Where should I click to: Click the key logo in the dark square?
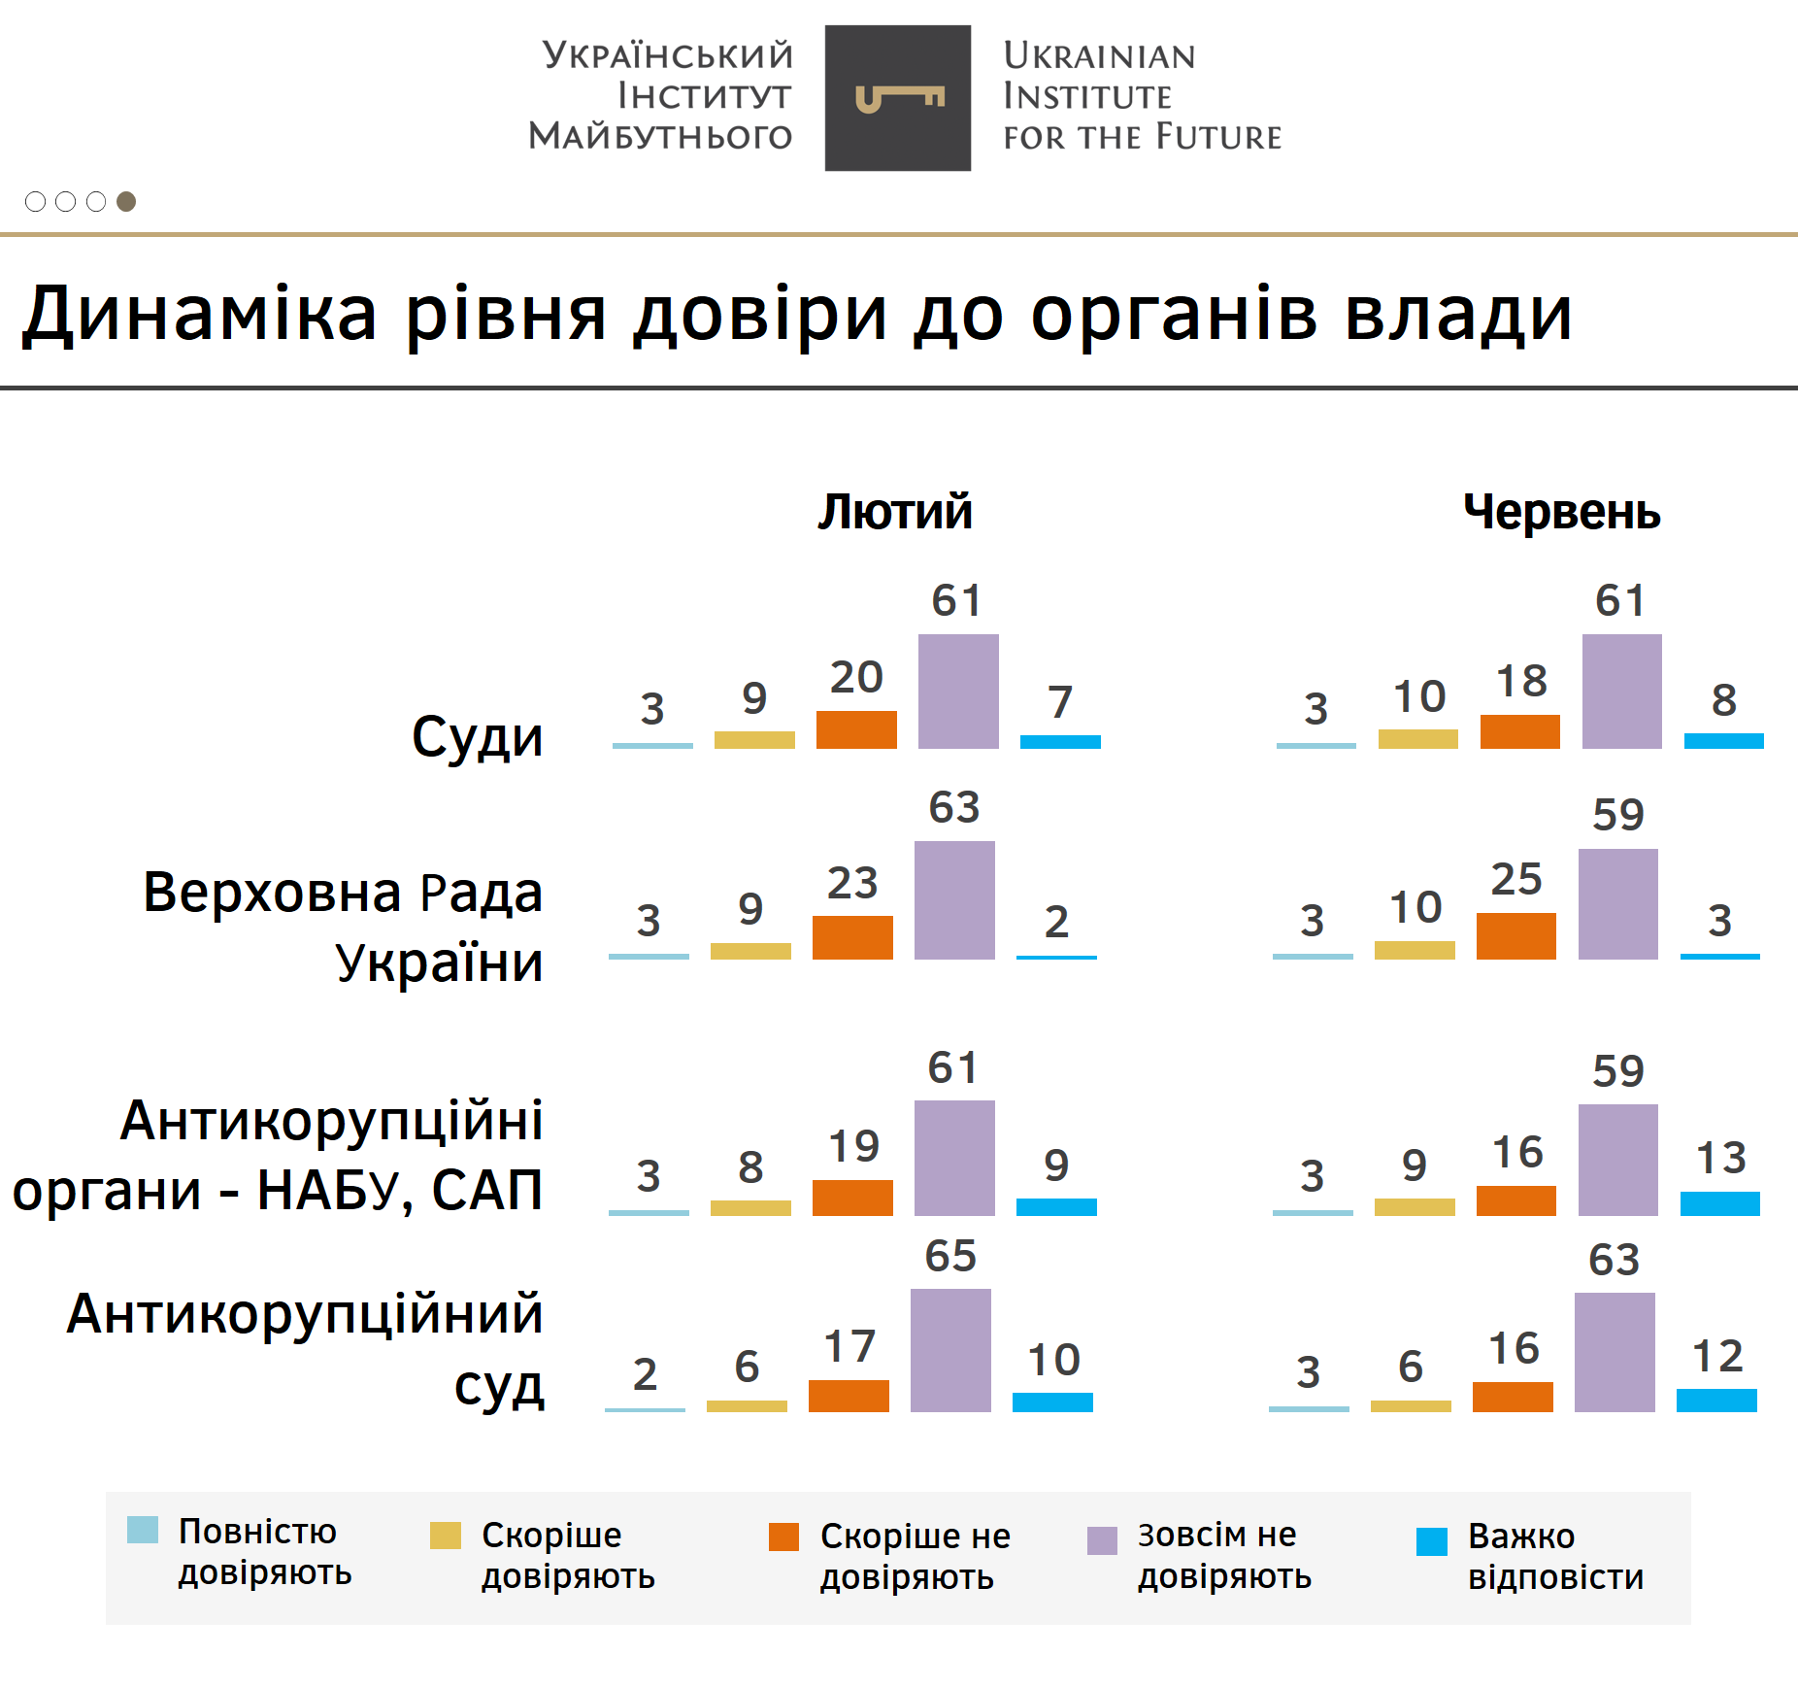coord(898,98)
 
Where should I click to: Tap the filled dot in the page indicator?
coord(126,201)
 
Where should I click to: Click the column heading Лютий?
coord(894,512)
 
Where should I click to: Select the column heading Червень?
coord(1561,512)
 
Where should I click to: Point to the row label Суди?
coord(477,737)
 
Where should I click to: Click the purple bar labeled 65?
coord(950,1350)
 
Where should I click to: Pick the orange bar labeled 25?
coord(1515,936)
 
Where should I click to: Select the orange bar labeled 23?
coord(852,937)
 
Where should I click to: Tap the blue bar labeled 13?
coord(1719,1203)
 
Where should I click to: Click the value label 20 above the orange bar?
coord(856,677)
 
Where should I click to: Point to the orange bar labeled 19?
coord(852,1198)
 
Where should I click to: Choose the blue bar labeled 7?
coord(1060,742)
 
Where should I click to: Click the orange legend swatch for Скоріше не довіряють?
coord(783,1537)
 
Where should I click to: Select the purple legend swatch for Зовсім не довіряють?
coord(1102,1540)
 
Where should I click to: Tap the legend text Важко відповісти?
coord(1555,1556)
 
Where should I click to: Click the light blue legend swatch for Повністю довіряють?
coord(143,1530)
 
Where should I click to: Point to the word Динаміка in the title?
coord(200,314)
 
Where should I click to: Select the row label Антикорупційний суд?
coord(306,1350)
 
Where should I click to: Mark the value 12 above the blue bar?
coord(1717,1356)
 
